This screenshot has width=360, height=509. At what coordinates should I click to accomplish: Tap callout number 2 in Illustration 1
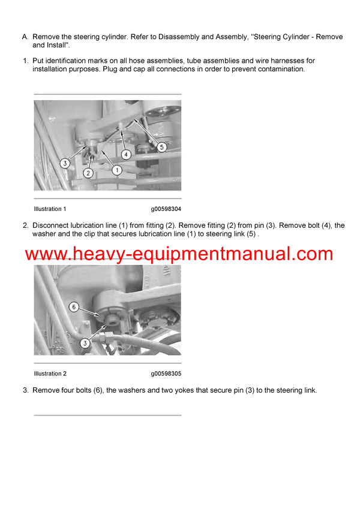click(88, 173)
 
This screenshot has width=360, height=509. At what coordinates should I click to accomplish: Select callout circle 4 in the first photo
click(126, 154)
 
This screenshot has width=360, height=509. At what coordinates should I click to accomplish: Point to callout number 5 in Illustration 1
click(161, 146)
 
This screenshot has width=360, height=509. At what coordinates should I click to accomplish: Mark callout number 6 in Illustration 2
click(74, 307)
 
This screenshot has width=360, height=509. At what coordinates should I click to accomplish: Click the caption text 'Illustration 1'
click(50, 209)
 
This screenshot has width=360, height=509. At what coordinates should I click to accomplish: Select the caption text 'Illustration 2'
click(50, 374)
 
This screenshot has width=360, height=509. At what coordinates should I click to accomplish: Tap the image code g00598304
click(166, 209)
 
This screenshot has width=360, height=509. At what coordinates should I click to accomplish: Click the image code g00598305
click(166, 374)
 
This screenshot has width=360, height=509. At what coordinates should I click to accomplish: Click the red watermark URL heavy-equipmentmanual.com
click(179, 254)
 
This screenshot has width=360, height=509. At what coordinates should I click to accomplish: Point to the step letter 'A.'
click(25, 37)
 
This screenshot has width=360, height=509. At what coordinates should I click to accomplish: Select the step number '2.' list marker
click(25, 225)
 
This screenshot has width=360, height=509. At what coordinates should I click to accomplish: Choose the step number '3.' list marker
click(25, 390)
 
